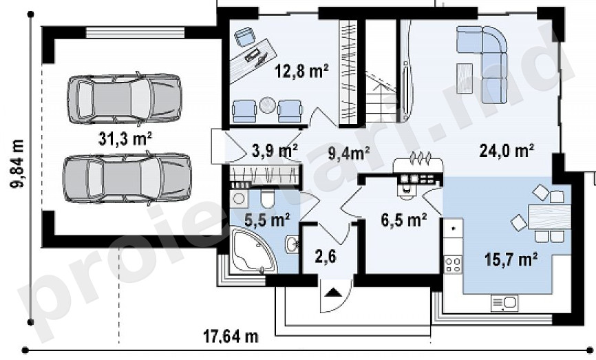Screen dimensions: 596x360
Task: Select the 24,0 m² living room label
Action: [x=507, y=151]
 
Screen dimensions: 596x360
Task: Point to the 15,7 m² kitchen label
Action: [x=511, y=260]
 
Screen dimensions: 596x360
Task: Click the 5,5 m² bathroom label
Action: [x=267, y=220]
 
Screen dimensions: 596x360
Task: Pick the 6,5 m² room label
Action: [x=404, y=220]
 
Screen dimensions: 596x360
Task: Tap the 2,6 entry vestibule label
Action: [x=326, y=257]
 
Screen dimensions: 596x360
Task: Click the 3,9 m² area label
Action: [x=275, y=151]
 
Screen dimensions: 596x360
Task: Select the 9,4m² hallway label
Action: [x=349, y=153]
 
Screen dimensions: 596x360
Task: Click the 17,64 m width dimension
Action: [x=231, y=337]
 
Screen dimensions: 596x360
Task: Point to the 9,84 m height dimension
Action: [x=17, y=163]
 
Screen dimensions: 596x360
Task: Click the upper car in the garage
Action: [x=125, y=98]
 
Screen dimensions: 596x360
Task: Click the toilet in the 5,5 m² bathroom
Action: [x=267, y=199]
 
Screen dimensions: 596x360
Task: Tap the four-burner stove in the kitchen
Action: [x=453, y=264]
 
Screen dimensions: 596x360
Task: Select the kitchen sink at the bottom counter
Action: [x=504, y=304]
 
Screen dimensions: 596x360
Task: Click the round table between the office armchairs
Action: [x=267, y=105]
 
